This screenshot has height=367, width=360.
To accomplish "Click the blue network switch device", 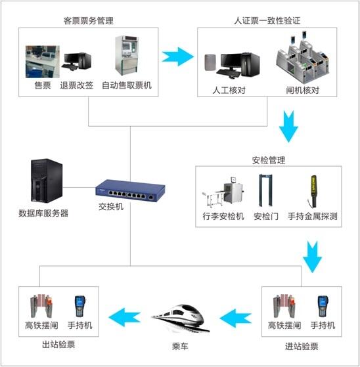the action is [130, 190].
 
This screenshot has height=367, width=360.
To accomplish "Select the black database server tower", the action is [47, 181].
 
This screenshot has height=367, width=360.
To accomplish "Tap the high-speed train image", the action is [181, 318].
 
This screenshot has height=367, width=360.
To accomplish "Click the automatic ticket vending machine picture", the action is [127, 55].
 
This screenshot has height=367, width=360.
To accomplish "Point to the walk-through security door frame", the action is [265, 190].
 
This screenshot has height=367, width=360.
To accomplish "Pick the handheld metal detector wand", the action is [313, 191].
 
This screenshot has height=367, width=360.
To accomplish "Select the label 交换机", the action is [111, 207].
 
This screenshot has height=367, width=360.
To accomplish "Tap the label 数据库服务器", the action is [43, 213].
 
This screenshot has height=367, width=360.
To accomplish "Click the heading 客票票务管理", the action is [89, 21].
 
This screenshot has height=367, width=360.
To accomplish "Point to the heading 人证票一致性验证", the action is [267, 20].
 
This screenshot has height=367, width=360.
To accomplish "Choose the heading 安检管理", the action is [269, 160].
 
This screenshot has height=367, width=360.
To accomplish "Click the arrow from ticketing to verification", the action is [178, 56].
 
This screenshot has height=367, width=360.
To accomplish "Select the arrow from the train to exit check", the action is [125, 317].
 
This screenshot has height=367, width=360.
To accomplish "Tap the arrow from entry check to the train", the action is [236, 318].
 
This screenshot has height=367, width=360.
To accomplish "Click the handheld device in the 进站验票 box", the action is [323, 307].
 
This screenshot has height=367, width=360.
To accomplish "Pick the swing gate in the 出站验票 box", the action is [41, 306].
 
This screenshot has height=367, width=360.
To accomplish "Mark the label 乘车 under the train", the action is [180, 346].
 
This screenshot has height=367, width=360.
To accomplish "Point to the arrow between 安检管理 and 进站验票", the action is [312, 257].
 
